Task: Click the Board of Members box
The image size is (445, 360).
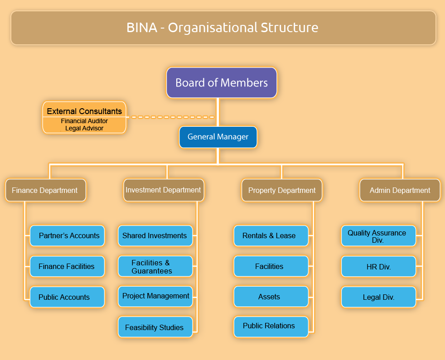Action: [221, 82]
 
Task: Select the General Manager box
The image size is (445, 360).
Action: [218, 137]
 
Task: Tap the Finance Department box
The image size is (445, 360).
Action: [46, 190]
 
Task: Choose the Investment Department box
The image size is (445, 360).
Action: [164, 190]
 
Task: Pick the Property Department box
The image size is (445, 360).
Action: [282, 190]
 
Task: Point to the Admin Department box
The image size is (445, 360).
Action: [400, 190]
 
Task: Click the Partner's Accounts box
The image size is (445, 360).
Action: [67, 236]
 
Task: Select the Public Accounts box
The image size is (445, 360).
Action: [67, 297]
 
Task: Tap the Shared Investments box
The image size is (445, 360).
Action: [155, 236]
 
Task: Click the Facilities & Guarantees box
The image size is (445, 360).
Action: [155, 266]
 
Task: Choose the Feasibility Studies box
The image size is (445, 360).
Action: [155, 327]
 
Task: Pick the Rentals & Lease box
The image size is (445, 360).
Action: [271, 236]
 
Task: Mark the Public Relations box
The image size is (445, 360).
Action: [271, 327]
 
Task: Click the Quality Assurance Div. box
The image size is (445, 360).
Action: [378, 236]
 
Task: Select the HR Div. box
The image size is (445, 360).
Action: [378, 266]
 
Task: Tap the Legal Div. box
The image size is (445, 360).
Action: [378, 297]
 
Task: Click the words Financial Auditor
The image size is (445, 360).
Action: [84, 121]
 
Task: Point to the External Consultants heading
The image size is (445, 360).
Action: [84, 111]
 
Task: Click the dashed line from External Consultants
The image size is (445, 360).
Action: [170, 117]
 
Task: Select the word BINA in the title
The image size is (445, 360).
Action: [142, 28]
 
